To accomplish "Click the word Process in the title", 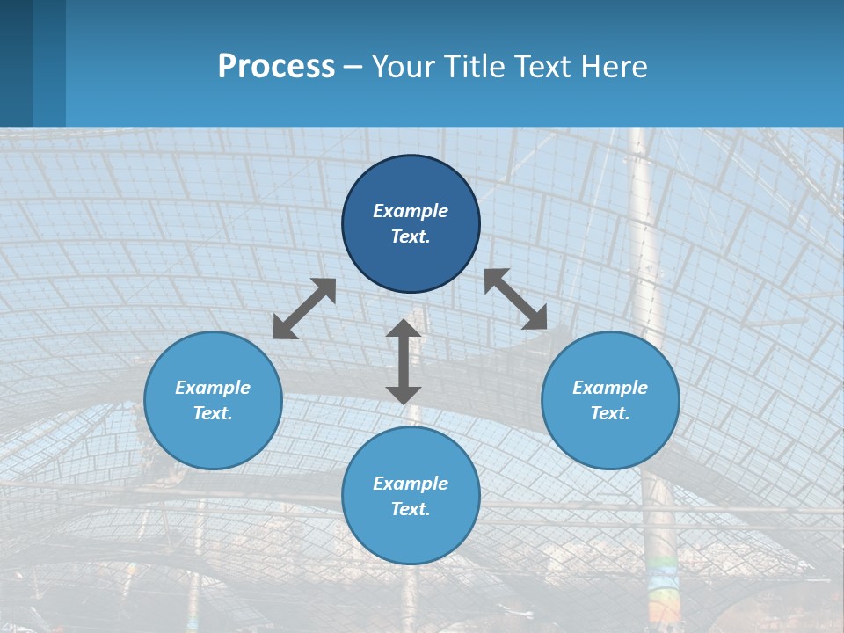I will pos(276,67).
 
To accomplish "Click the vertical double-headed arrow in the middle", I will pos(404,361).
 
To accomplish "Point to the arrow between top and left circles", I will pos(304,309).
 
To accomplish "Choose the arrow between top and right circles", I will pos(516,299).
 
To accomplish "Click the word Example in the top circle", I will pos(411,211).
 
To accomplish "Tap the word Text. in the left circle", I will pos(213,413).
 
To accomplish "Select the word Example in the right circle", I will pos(610,388).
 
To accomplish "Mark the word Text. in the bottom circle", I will pos(411,509).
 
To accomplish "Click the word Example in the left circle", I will pos(213,388).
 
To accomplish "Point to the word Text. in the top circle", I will pos(411,236).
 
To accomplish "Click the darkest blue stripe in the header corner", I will pos(16,63).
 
